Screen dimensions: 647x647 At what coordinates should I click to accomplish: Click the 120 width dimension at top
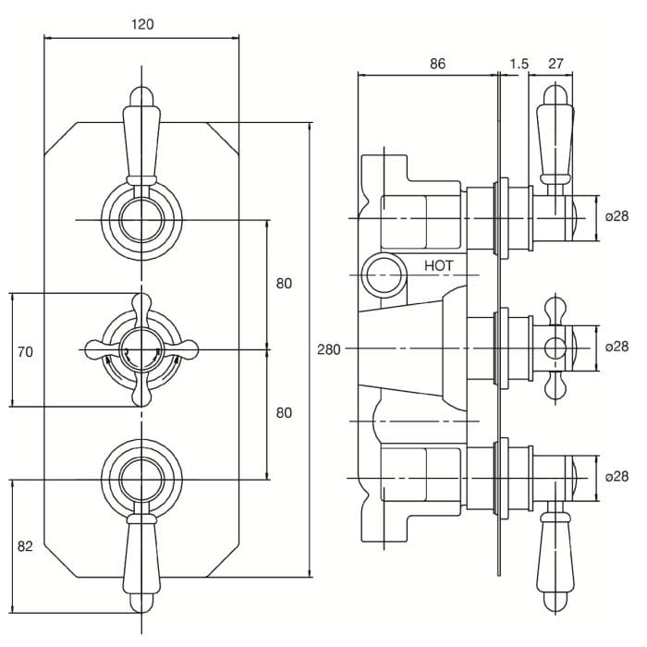141,24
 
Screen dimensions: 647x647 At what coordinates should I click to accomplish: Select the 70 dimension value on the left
25,351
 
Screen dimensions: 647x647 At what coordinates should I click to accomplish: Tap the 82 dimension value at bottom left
25,546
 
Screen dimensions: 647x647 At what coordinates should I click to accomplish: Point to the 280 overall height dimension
329,348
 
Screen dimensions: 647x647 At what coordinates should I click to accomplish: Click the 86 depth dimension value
438,63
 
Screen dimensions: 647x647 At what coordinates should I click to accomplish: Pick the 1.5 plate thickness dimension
519,63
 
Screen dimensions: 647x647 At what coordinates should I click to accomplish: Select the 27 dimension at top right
555,63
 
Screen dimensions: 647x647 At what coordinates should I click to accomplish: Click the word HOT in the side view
439,265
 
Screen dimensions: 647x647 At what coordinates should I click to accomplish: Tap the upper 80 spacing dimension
284,284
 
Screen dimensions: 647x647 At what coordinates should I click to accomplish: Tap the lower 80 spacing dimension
284,412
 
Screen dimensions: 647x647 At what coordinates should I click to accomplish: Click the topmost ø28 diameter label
616,216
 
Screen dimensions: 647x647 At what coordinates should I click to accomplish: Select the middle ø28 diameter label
616,347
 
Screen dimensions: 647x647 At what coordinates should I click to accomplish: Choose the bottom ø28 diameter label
616,476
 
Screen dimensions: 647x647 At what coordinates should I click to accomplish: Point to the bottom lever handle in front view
141,564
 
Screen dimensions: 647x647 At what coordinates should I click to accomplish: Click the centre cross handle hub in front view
141,350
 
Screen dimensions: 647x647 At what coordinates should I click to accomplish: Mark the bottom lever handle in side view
555,562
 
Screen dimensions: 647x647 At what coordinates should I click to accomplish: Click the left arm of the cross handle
100,350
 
